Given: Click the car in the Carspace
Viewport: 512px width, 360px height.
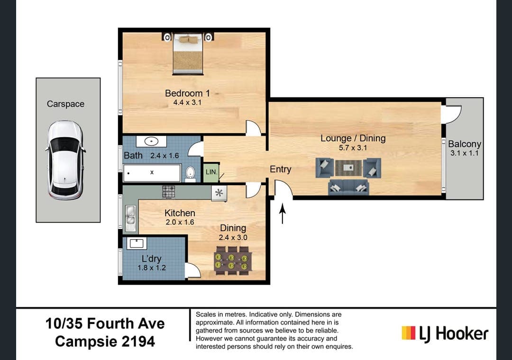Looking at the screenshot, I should pyautogui.click(x=65, y=160).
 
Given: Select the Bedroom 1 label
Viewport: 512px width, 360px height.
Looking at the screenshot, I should pyautogui.click(x=187, y=93).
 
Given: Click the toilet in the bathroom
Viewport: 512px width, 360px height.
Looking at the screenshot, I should pyautogui.click(x=190, y=174).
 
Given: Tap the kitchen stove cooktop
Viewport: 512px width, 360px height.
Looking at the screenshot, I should pyautogui.click(x=169, y=192).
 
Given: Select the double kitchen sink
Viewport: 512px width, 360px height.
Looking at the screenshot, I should pyautogui.click(x=130, y=218).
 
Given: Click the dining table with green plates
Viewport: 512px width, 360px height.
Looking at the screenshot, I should pyautogui.click(x=231, y=260).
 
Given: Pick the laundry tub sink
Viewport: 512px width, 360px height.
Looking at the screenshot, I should pyautogui.click(x=136, y=243).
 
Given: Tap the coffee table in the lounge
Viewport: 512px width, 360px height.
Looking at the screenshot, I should pyautogui.click(x=348, y=167).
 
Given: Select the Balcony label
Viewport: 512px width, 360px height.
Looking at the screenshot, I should pyautogui.click(x=465, y=144).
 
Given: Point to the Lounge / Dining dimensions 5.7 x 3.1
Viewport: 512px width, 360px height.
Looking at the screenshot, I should pyautogui.click(x=353, y=148).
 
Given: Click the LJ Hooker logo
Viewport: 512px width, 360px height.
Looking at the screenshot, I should pyautogui.click(x=444, y=333).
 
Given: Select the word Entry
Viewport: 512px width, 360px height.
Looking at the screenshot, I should pyautogui.click(x=280, y=169).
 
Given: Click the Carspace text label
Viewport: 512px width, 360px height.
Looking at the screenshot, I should pyautogui.click(x=65, y=104).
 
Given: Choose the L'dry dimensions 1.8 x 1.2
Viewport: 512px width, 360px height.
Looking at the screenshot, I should pyautogui.click(x=152, y=268).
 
